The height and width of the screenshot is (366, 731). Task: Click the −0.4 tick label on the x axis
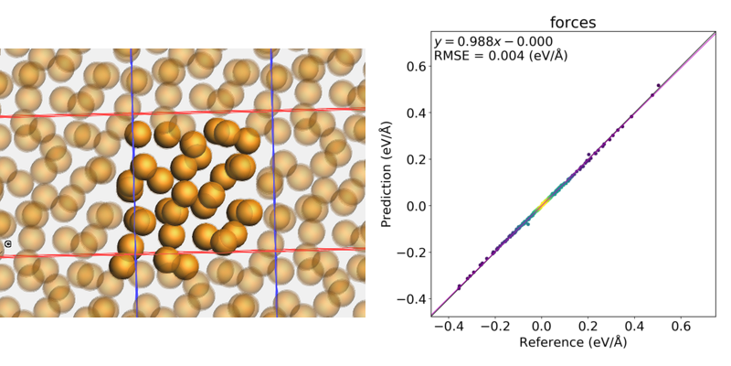448,327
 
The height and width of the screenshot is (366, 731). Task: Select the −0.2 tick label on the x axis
494,327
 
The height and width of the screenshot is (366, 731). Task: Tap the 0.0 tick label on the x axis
542,327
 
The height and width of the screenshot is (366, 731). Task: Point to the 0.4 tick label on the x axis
635,327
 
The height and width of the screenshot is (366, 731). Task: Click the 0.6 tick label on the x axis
682,327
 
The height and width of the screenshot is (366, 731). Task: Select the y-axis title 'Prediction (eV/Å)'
387,173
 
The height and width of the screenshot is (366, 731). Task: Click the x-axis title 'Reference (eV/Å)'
572,343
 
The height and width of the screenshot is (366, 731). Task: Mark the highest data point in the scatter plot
683,86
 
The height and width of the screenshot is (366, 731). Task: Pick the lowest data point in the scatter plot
459,287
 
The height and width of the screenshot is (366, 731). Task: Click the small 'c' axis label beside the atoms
7,244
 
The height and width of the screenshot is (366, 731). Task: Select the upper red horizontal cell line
183,113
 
